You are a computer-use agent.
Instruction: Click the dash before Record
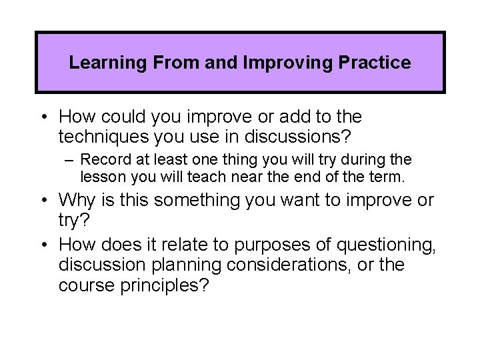(71, 161)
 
